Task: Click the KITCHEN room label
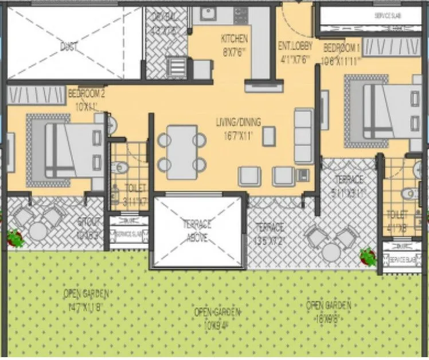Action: (235, 39)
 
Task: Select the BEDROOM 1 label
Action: (342, 47)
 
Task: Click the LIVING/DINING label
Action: (239, 122)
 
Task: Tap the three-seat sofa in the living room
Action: (303, 136)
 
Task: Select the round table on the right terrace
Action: (331, 251)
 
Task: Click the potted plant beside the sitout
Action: (14, 238)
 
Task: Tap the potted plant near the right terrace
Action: (368, 254)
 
